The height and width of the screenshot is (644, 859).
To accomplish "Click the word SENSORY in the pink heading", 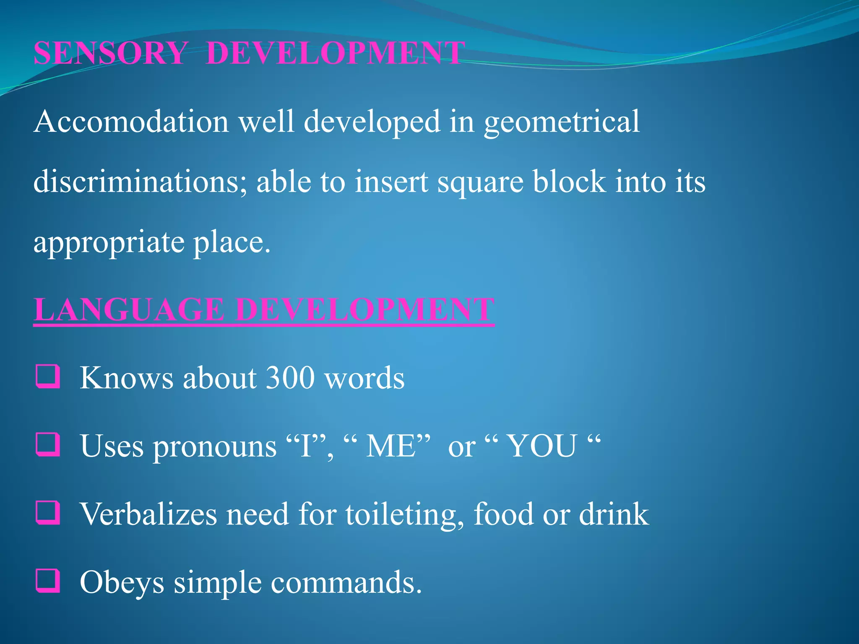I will tap(110, 53).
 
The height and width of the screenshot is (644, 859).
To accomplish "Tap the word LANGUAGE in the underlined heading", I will tap(129, 310).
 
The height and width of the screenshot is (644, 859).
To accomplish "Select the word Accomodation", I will tap(131, 122).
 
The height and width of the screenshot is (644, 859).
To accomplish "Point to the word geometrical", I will tap(562, 122).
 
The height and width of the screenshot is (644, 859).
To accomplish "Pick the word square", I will tap(480, 183).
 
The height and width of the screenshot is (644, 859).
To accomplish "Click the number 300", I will tap(290, 378).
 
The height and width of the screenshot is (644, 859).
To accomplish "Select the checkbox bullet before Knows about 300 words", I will tap(48, 376).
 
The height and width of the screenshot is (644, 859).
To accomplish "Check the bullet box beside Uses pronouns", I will tap(48, 444).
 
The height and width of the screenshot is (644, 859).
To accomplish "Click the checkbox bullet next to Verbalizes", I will tap(48, 512).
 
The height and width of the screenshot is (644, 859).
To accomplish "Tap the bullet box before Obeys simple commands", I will tap(48, 581).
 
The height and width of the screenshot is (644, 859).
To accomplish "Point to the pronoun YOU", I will tap(542, 446).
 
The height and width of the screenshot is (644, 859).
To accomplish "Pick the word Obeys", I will tap(122, 583).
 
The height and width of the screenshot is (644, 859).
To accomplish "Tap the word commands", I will tap(346, 583).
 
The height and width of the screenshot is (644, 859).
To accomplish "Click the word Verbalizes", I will tap(148, 514).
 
